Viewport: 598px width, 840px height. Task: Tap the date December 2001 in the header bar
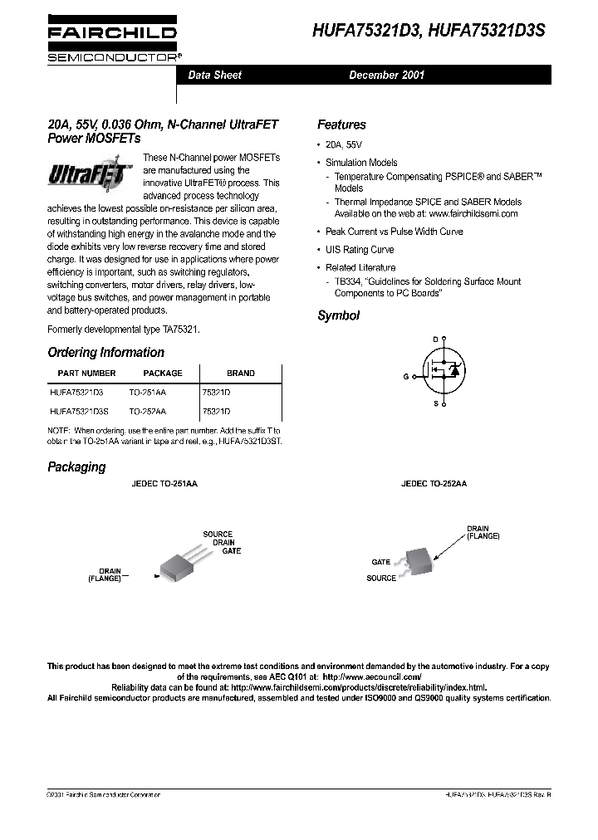point(386,75)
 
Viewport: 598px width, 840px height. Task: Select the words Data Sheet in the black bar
point(214,75)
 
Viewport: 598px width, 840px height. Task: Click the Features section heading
point(341,125)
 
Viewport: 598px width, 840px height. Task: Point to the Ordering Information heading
point(105,352)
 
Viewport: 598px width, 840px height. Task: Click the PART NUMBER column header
point(86,374)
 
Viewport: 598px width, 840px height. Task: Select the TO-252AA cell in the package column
point(147,412)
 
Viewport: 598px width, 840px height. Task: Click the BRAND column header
point(241,374)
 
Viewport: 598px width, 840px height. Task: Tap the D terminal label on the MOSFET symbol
point(434,339)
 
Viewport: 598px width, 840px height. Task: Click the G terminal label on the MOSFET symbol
point(406,376)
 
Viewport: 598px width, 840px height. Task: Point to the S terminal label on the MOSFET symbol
point(434,403)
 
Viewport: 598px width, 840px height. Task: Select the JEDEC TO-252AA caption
point(434,482)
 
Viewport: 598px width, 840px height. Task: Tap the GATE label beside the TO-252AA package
point(380,562)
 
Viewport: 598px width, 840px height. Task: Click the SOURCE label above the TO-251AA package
point(218,534)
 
